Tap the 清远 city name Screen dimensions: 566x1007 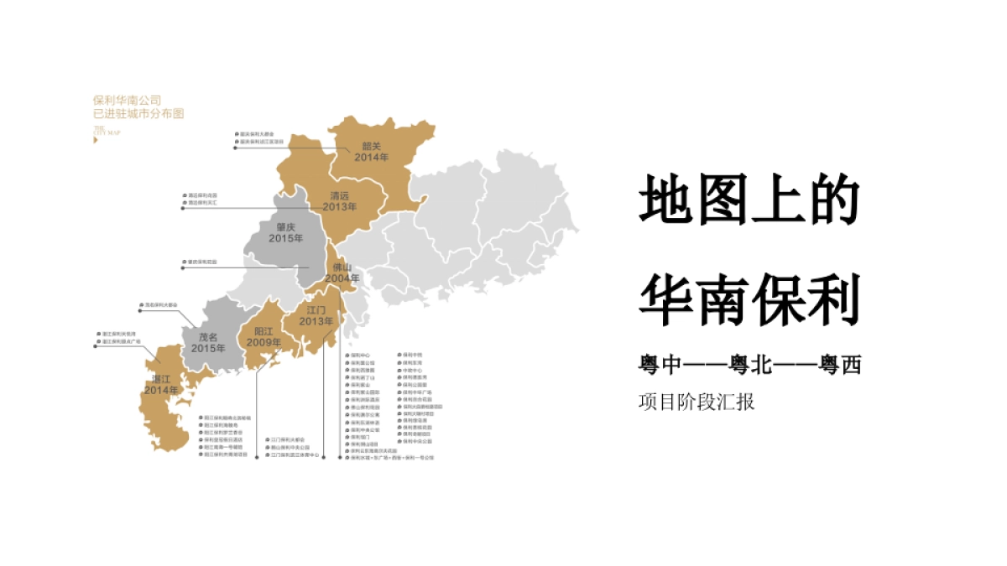tap(340, 195)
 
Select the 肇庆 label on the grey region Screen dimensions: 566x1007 tap(286, 227)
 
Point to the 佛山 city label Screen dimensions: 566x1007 tap(342, 267)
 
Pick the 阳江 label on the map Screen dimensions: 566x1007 tap(264, 330)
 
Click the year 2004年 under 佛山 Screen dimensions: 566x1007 tap(342, 278)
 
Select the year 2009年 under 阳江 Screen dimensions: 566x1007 tap(264, 342)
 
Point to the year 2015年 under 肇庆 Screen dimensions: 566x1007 tap(286, 239)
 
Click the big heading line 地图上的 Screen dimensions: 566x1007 tap(750, 200)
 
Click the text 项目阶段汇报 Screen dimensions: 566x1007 tap(697, 402)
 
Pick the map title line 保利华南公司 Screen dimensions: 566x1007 tap(127, 99)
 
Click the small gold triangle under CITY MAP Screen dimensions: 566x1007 tap(96, 140)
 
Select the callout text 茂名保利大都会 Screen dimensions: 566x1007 tap(159, 304)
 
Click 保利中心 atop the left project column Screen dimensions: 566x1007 tap(360, 355)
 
